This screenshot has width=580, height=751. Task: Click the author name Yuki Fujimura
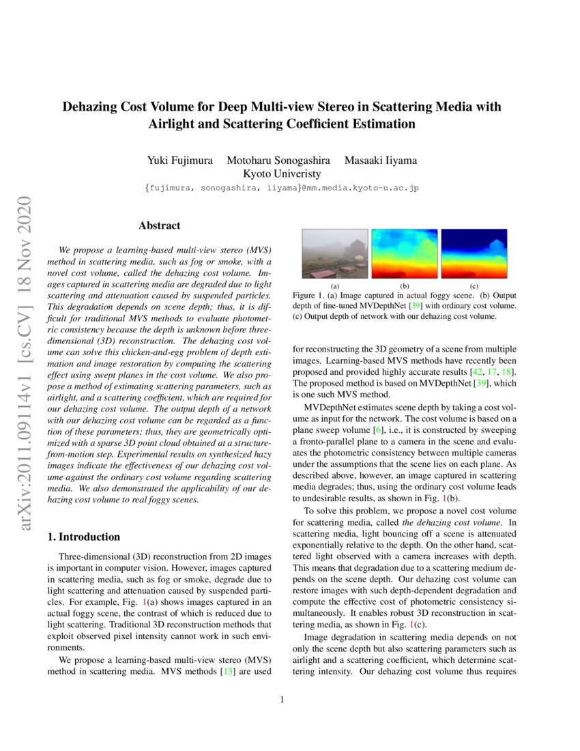(177, 160)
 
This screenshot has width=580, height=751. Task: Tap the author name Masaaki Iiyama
(381, 160)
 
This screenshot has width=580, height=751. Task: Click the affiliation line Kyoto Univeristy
(282, 173)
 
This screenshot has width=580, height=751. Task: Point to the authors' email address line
(281, 187)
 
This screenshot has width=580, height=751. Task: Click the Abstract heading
(159, 225)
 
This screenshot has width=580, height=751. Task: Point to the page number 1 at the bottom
(282, 699)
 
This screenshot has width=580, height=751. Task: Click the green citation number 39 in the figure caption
(415, 306)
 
